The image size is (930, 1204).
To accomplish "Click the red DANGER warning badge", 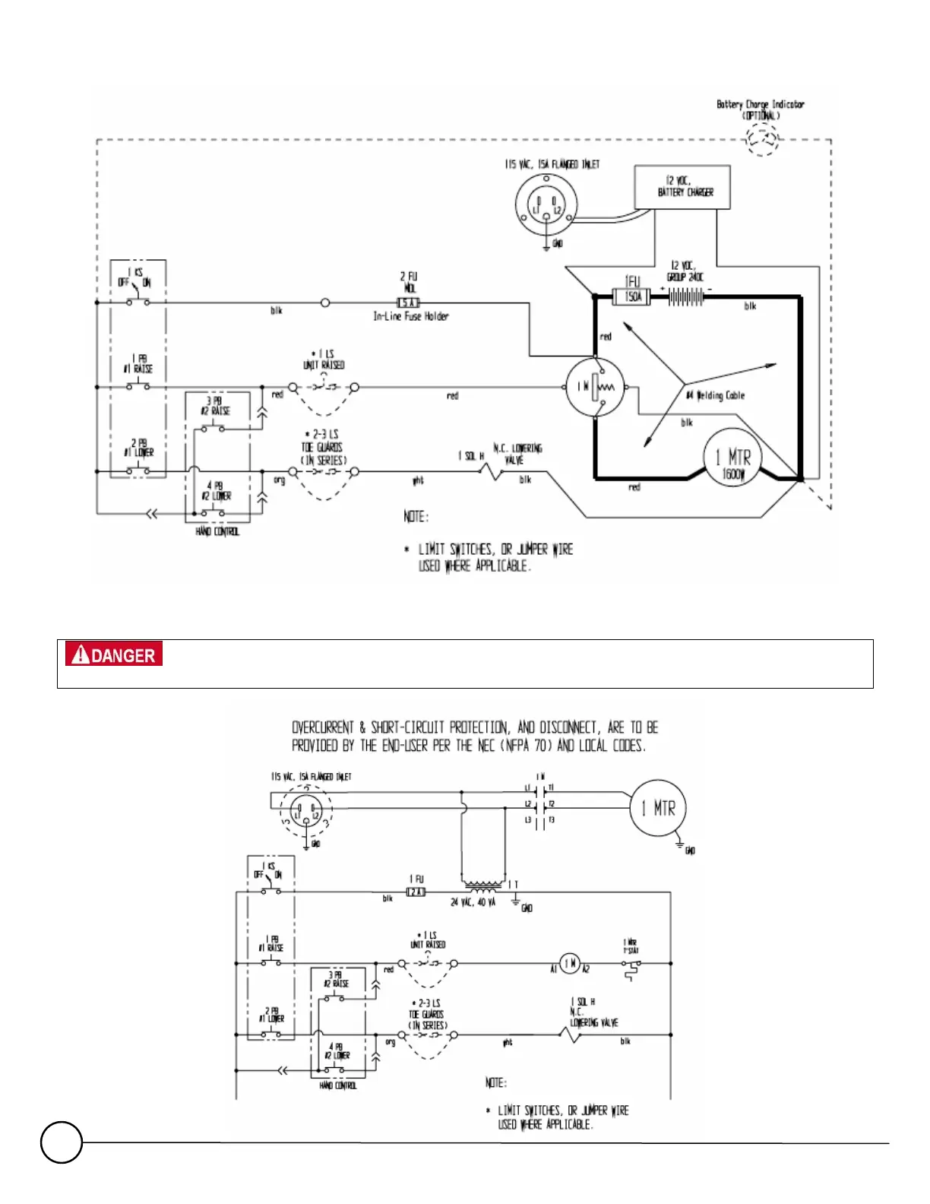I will point(114,654).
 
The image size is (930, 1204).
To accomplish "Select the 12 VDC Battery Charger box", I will point(682,187).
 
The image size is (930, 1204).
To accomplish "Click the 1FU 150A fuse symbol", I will point(633,296).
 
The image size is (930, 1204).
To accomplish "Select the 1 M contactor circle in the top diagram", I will point(596,387).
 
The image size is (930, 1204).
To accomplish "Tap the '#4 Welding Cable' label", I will point(715,395).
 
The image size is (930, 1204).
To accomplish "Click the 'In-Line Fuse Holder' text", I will point(410,316).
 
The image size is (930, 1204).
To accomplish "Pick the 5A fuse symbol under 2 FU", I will point(409,303).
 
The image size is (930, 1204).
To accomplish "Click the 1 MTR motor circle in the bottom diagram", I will point(658,808).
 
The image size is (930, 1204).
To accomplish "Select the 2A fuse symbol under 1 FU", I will point(416,892).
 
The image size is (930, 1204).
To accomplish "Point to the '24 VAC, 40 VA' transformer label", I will point(473,902).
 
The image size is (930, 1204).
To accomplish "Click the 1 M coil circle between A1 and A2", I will point(570,963).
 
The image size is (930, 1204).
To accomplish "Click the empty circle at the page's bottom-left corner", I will point(61,1142).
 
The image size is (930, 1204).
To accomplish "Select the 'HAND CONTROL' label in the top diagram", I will point(217,531).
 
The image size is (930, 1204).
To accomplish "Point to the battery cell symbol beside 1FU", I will point(686,296).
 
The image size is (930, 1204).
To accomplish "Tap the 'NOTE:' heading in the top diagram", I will point(416,517).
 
